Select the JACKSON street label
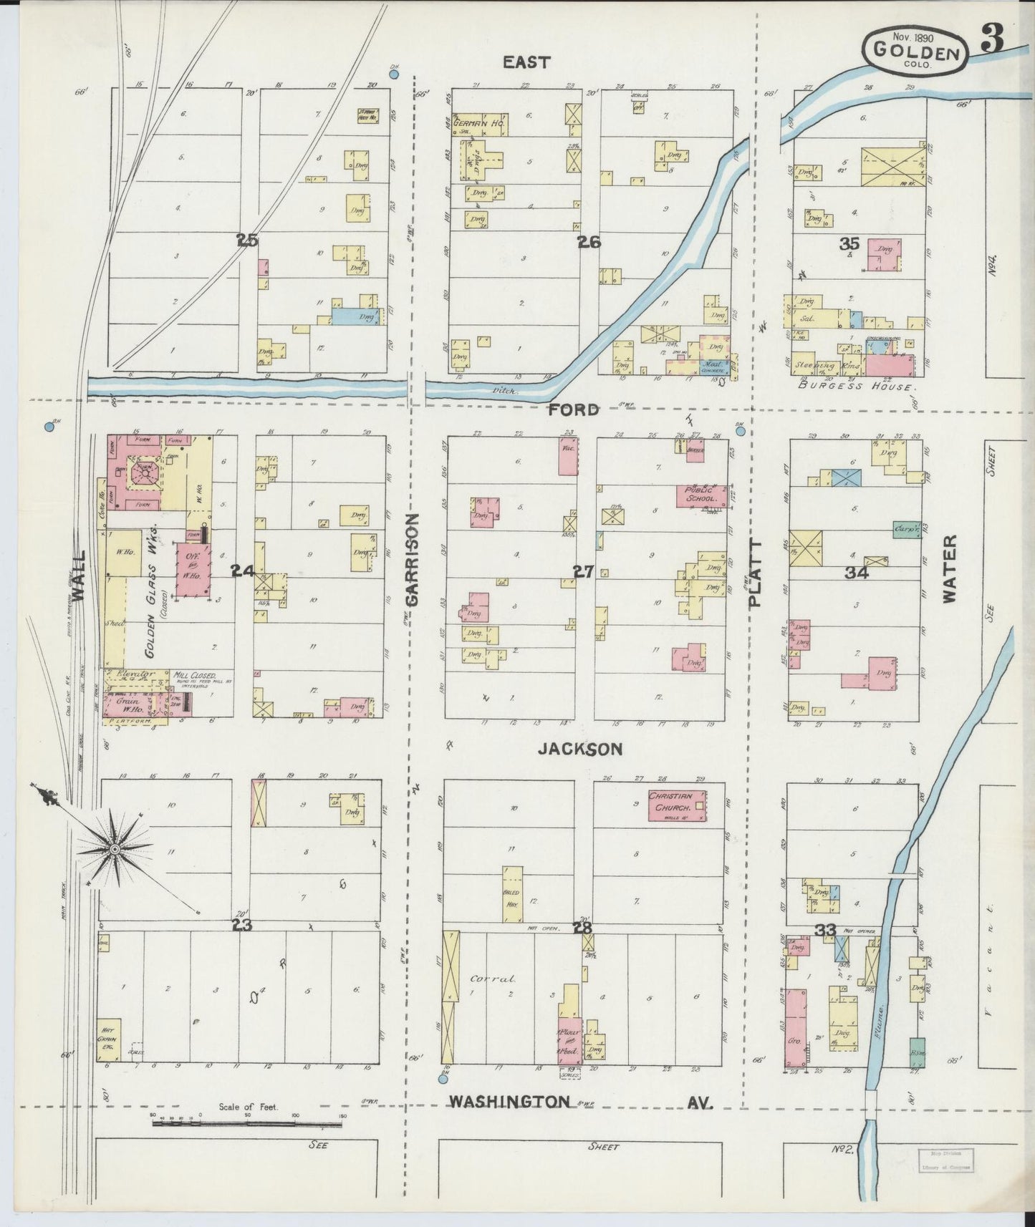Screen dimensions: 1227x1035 coord(580,749)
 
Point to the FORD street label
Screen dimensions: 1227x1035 coord(574,410)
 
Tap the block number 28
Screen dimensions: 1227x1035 coord(581,928)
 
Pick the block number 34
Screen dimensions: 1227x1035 coord(856,573)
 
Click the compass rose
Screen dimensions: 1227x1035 coord(115,849)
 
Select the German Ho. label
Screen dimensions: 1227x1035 coord(483,124)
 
